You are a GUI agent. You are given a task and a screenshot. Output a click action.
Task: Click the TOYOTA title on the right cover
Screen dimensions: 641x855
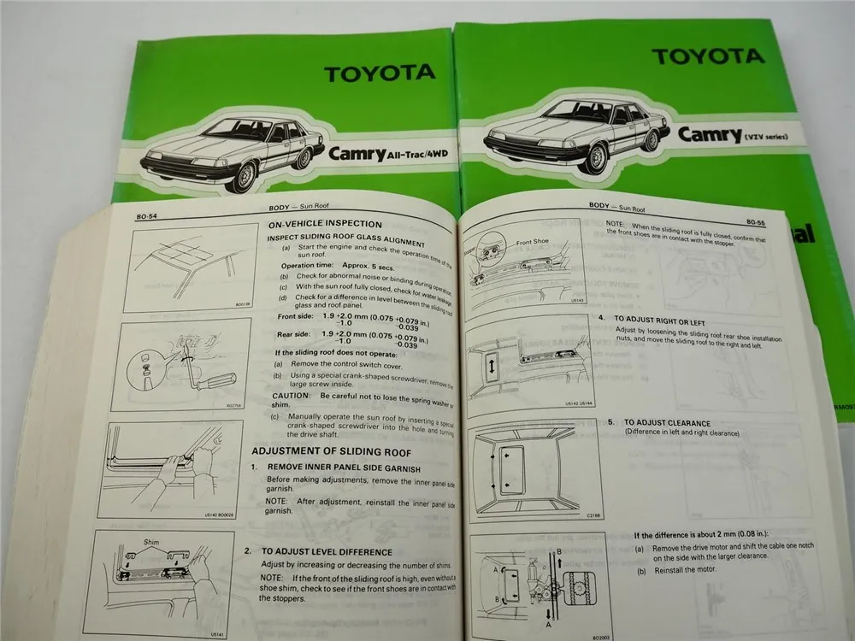696,56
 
